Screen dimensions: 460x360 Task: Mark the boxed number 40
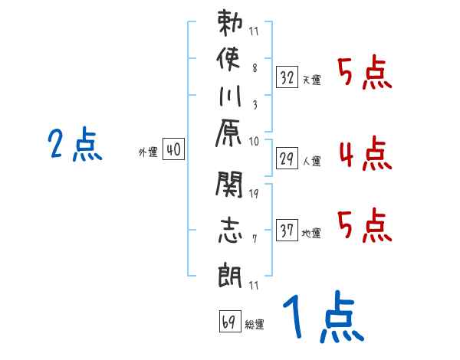click(173, 151)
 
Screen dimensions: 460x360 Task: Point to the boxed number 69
click(228, 322)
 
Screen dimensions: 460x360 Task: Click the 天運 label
click(312, 80)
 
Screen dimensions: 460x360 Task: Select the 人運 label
click(312, 162)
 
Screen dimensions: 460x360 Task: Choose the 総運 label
click(255, 325)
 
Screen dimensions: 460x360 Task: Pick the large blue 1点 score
click(323, 319)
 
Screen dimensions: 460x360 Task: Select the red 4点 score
click(364, 155)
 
